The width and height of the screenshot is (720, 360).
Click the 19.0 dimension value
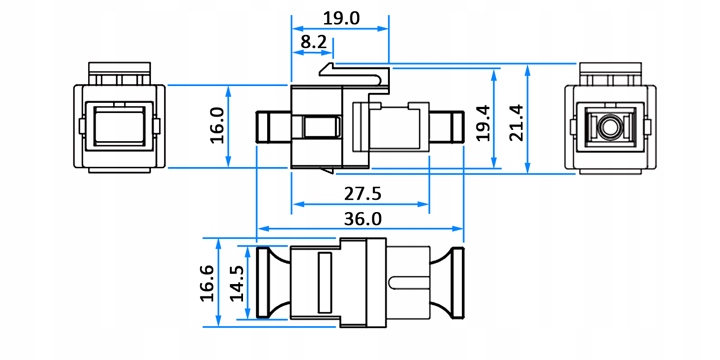pyautogui.click(x=341, y=18)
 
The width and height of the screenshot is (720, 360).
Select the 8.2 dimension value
pyautogui.click(x=313, y=42)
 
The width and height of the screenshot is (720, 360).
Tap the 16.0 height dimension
pyautogui.click(x=217, y=125)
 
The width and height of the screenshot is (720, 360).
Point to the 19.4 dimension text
pyautogui.click(x=483, y=123)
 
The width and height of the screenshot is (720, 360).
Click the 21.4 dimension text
pyautogui.click(x=516, y=123)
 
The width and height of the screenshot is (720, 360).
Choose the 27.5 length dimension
pyautogui.click(x=363, y=194)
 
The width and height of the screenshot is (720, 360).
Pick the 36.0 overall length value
pyautogui.click(x=363, y=219)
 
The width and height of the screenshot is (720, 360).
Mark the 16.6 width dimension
pyautogui.click(x=207, y=283)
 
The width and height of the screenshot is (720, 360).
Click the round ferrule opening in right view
pyautogui.click(x=609, y=126)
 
